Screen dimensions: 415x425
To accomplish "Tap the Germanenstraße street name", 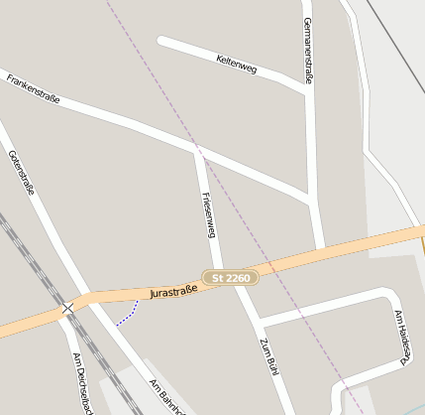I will pyautogui.click(x=308, y=50).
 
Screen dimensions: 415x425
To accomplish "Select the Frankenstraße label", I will pyautogui.click(x=33, y=88).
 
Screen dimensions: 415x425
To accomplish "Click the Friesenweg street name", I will pyautogui.click(x=208, y=214).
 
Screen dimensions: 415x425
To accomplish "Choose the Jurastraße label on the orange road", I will pyautogui.click(x=174, y=291).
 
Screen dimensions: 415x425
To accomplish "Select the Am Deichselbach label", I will pyautogui.click(x=80, y=381).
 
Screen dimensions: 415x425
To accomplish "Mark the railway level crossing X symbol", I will pyautogui.click(x=67, y=309).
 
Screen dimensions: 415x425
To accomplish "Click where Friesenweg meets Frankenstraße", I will pyautogui.click(x=197, y=151).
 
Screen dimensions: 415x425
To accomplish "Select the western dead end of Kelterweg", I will pyautogui.click(x=161, y=41).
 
